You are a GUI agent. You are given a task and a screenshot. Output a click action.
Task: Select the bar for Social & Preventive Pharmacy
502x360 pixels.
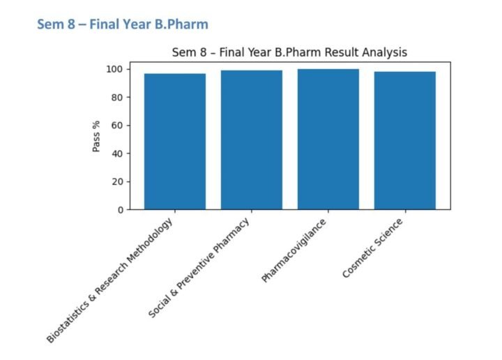[x=252, y=140]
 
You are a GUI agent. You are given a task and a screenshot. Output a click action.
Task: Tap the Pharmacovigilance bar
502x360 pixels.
[x=328, y=139]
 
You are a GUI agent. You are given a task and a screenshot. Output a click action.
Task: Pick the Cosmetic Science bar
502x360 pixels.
[x=405, y=140]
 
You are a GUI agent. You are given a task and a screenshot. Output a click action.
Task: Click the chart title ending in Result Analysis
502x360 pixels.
[x=289, y=52]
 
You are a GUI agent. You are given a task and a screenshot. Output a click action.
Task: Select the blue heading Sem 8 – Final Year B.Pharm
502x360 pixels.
[x=122, y=24]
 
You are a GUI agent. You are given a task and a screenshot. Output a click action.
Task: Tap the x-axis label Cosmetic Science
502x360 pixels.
[x=373, y=248]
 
